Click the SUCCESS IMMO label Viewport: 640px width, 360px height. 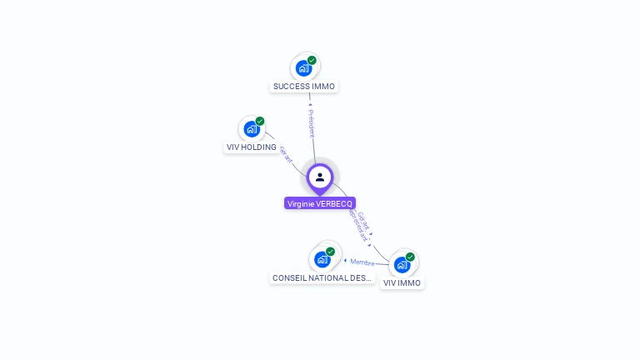coord(304,86)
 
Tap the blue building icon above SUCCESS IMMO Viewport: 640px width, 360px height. coord(303,68)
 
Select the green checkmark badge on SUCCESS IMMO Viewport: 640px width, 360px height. coord(312,60)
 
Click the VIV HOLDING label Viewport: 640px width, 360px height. coord(252,147)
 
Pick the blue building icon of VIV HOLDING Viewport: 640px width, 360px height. coord(252,129)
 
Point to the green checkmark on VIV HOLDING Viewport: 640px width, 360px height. coord(260,121)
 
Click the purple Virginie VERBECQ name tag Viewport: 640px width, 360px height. coord(320,203)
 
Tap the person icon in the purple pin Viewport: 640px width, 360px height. coord(320,177)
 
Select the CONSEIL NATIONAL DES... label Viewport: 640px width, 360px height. coord(322,277)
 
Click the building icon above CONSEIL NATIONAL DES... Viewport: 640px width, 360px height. coord(322,259)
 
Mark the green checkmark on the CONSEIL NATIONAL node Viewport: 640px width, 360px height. coord(330,251)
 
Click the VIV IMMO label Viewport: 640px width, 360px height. coord(402,282)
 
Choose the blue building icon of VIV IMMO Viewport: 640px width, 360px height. coord(402,265)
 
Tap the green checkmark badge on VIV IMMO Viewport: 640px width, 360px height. coord(410,257)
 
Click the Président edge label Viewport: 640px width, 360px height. coord(312,122)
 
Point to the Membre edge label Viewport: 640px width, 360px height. coord(362,262)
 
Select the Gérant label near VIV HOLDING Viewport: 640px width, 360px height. coord(286,155)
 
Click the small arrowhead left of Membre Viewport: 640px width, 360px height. coord(345,261)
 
